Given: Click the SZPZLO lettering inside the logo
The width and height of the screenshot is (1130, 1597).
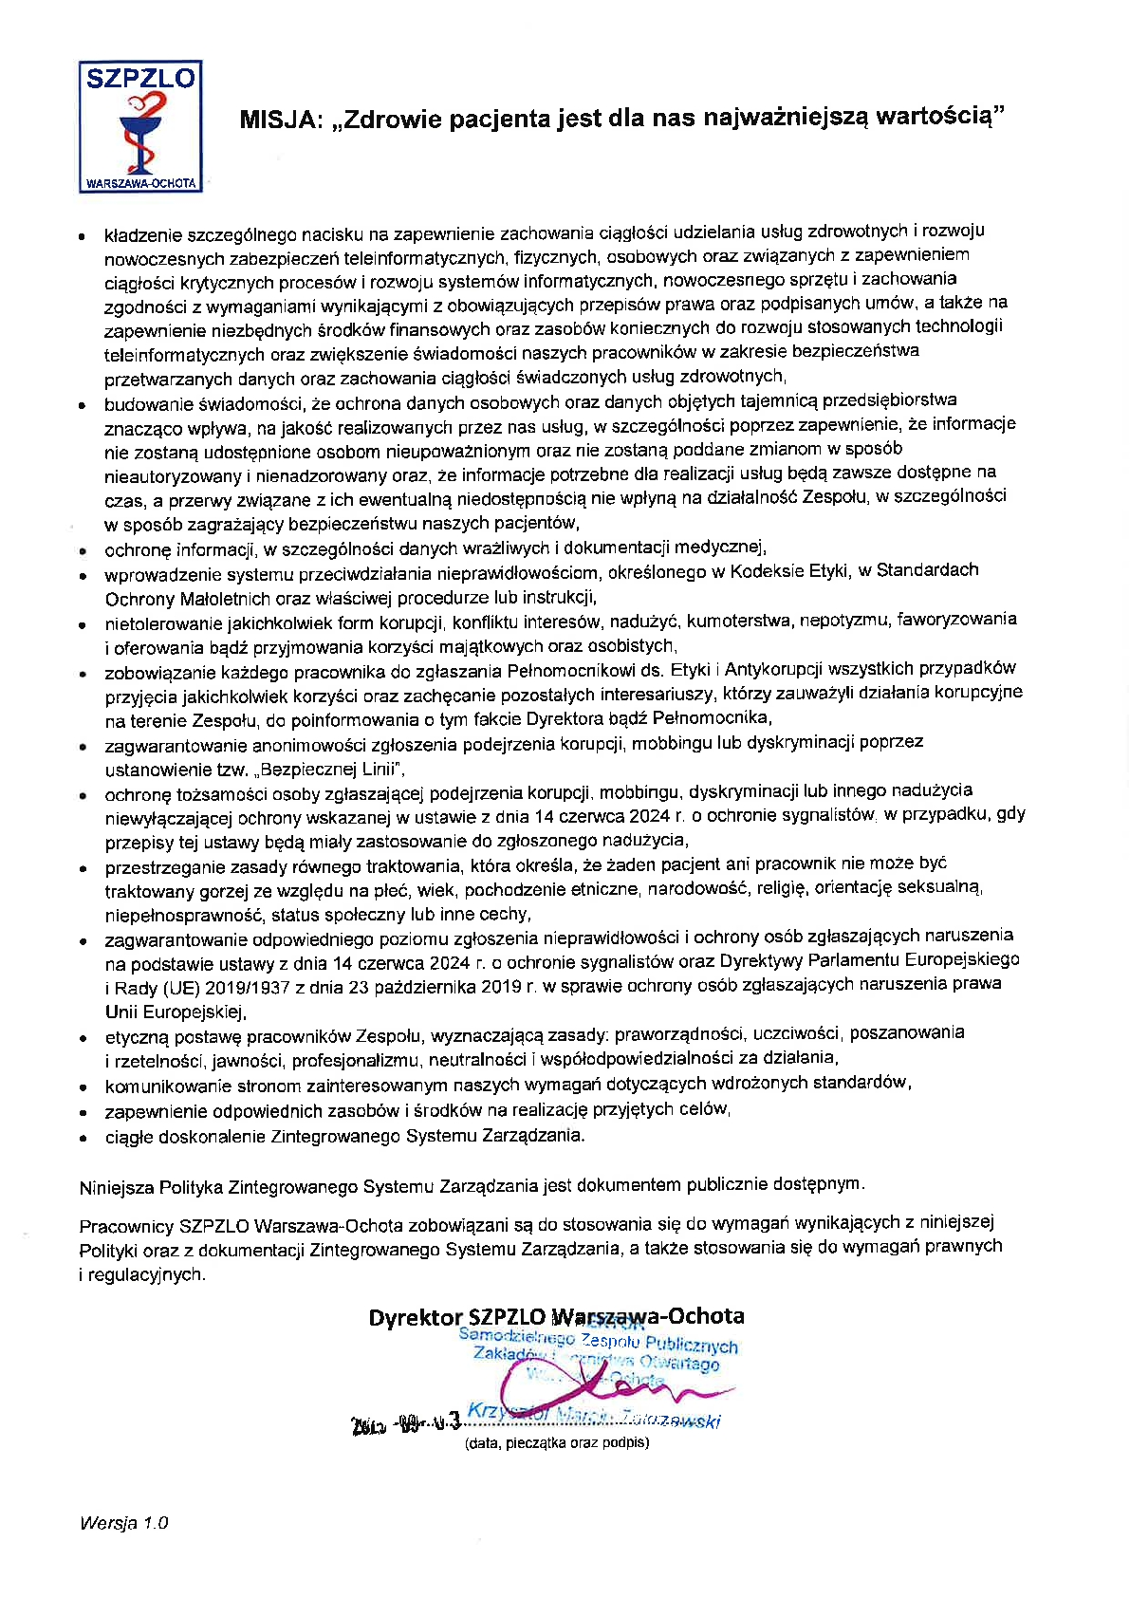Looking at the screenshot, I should point(140,78).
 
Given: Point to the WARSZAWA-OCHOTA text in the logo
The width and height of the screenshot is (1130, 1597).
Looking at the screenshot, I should point(140,182).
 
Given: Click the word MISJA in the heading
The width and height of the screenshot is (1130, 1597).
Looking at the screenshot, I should point(280,119).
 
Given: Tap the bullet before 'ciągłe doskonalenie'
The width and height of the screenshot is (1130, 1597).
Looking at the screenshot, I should point(84,1138).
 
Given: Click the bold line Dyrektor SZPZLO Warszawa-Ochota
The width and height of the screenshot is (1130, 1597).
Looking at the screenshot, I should point(556,1317).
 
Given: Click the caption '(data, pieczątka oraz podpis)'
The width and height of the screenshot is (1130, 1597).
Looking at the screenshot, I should point(556,1443).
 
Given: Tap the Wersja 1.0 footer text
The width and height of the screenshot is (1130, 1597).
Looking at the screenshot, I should point(124,1523).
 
